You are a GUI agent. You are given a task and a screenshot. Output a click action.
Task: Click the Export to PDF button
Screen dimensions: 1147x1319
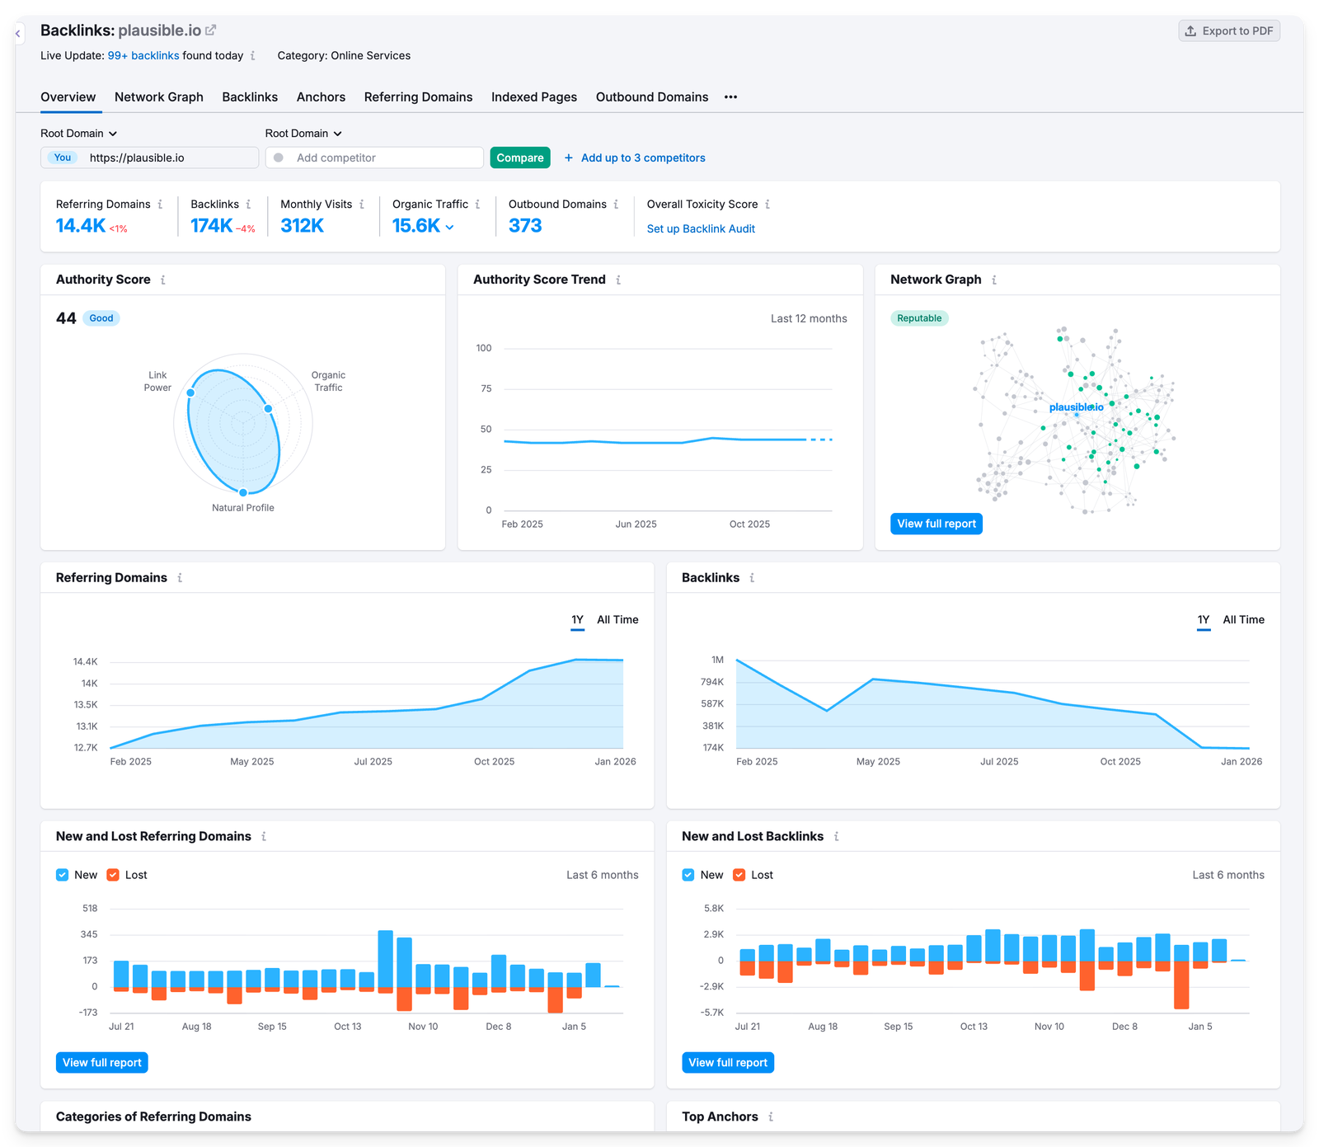point(1228,31)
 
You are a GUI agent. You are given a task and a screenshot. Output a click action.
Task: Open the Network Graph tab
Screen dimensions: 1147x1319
point(158,97)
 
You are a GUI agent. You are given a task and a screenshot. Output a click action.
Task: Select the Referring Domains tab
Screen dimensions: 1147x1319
point(418,97)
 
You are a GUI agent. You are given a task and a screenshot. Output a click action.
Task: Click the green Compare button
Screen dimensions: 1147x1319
point(519,157)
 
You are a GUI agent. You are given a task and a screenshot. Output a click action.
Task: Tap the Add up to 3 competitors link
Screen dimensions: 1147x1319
point(642,157)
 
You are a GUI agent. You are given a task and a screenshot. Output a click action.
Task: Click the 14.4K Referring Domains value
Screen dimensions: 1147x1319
point(80,226)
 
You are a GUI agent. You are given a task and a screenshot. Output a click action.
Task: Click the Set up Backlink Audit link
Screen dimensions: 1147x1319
point(700,228)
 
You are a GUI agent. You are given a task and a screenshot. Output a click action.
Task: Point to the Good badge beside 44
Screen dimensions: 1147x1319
point(101,318)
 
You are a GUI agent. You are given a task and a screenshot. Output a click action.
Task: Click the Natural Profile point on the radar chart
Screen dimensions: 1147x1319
point(243,492)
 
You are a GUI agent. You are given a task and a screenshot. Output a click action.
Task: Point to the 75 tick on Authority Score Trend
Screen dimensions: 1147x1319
point(486,388)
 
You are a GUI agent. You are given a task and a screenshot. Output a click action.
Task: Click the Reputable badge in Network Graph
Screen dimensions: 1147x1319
point(918,318)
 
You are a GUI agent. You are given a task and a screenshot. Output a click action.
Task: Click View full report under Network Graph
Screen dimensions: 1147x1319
point(936,524)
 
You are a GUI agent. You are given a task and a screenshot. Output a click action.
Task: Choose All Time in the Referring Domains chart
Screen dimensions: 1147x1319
point(617,620)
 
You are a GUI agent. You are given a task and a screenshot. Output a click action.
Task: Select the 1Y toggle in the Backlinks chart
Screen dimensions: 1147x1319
point(1203,620)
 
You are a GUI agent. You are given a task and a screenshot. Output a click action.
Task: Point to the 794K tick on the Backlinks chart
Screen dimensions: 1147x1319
point(711,682)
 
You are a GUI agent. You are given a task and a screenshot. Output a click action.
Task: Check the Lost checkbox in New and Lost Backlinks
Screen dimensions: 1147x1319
point(739,875)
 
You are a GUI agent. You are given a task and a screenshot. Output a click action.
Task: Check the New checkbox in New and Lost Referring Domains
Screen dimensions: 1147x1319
point(63,875)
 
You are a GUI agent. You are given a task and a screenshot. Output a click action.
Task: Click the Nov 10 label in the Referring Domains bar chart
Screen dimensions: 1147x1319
point(423,1027)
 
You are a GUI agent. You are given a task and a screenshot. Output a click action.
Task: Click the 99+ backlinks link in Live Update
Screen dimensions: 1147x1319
point(143,56)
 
